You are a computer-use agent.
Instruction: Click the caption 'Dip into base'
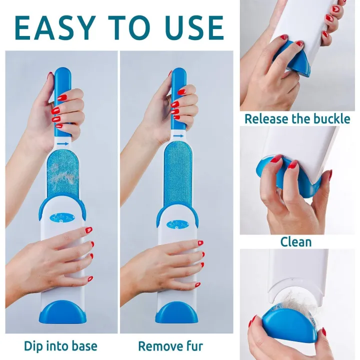pos(60,345)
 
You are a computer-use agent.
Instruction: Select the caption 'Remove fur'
pos(170,345)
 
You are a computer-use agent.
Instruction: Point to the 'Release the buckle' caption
pos(297,119)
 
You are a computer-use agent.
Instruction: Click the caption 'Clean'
pos(295,242)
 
